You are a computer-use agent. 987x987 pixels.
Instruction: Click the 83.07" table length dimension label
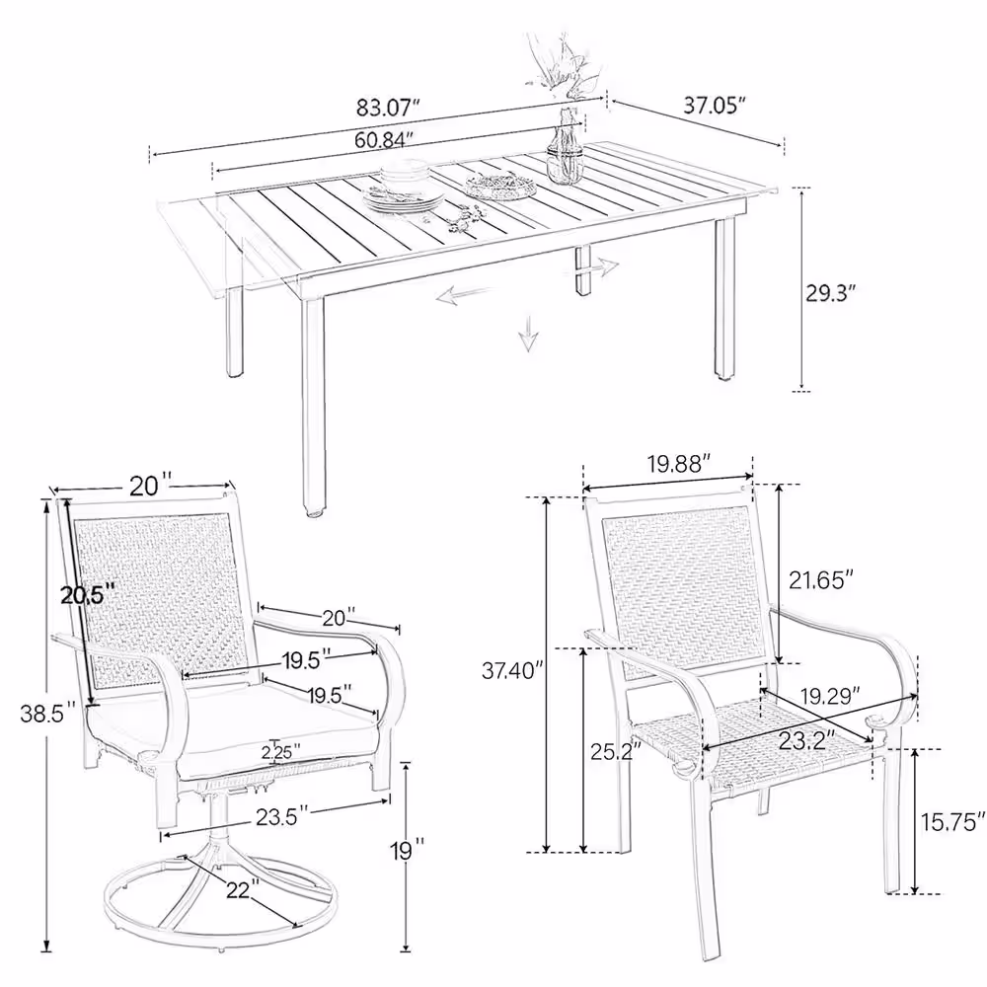pos(388,109)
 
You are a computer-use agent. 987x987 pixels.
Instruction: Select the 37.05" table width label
pos(715,106)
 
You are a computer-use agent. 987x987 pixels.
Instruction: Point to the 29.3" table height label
pos(831,293)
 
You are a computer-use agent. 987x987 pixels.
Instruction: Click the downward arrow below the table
pos(528,332)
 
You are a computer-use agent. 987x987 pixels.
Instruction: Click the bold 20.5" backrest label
pos(88,594)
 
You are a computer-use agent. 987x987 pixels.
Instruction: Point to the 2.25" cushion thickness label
pos(280,751)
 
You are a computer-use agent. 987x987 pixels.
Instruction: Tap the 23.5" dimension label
pos(282,816)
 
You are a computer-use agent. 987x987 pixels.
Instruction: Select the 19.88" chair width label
pos(679,464)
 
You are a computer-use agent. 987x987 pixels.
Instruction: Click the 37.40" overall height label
pos(511,670)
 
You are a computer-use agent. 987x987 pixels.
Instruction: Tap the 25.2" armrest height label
pos(616,751)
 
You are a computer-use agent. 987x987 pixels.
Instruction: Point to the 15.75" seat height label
pos(952,821)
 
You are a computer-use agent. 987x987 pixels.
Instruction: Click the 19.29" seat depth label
pos(830,696)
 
